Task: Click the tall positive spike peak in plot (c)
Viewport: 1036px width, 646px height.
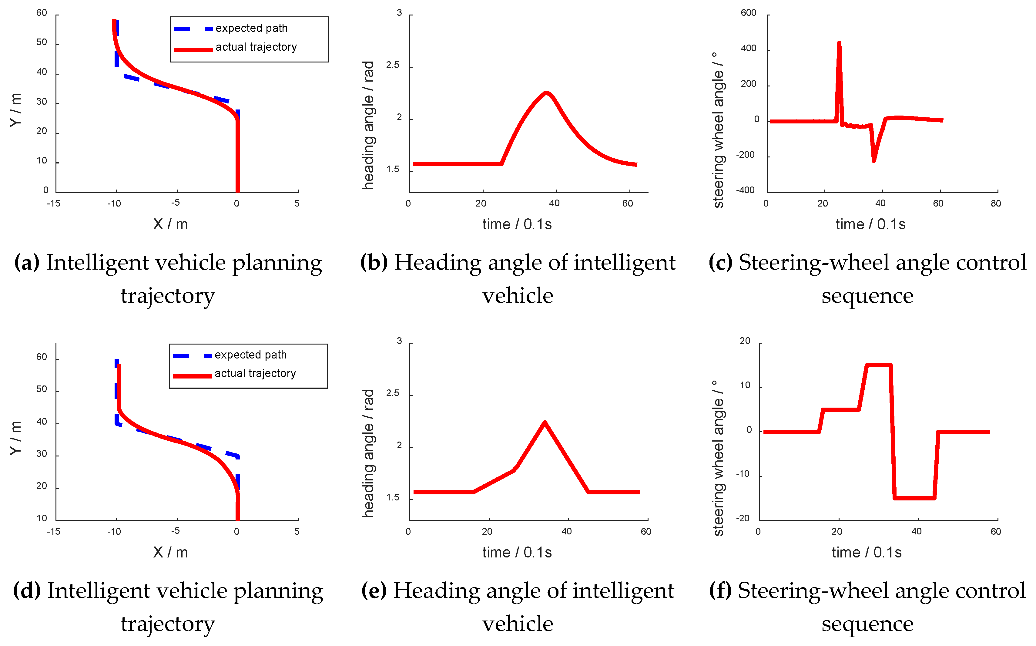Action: click(x=839, y=43)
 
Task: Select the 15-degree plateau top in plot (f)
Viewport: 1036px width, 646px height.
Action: click(x=878, y=365)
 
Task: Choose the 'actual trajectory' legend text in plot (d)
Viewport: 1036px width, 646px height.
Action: click(x=255, y=373)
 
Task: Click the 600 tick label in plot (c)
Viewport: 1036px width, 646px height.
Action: click(x=748, y=13)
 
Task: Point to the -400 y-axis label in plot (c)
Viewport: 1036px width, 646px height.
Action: click(x=745, y=190)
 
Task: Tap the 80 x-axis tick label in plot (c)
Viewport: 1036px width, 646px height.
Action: click(x=995, y=204)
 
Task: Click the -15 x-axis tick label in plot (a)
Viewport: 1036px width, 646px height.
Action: click(x=53, y=204)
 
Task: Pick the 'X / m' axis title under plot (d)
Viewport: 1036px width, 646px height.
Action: click(x=170, y=552)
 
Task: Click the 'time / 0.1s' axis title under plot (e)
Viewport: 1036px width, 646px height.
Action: click(x=517, y=552)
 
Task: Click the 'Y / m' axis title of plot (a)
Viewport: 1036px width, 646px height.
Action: click(x=15, y=110)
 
